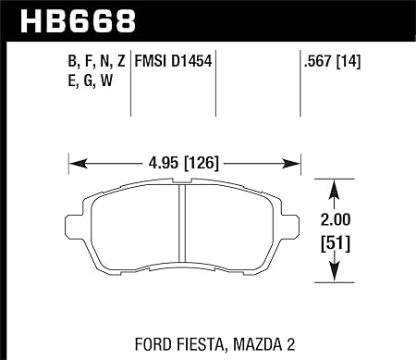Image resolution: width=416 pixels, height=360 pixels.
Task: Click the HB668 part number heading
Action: click(78, 21)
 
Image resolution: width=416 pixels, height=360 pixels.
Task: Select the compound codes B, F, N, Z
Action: click(97, 61)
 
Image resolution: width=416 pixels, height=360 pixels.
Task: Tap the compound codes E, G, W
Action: click(91, 81)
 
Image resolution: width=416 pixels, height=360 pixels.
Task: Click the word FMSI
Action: click(151, 61)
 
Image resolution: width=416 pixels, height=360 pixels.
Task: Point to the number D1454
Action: click(191, 61)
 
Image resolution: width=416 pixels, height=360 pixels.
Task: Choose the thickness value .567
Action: click(318, 61)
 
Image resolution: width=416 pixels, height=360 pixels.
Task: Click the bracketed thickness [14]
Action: click(348, 61)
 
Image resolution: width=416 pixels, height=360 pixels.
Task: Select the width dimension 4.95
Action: click(164, 163)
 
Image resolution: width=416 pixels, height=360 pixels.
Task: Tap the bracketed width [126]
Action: click(202, 163)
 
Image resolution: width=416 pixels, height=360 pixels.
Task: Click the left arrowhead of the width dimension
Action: click(78, 163)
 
